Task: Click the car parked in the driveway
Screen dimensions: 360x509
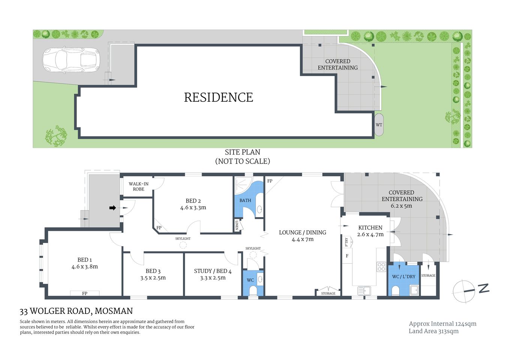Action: coord(71,60)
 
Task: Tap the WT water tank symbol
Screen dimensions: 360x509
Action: coord(379,125)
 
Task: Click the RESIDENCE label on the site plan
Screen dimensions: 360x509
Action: coord(219,97)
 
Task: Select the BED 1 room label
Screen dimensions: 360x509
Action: coord(85,260)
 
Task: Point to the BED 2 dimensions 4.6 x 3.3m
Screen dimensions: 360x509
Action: coord(193,207)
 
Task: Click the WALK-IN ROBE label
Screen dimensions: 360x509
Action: coord(138,186)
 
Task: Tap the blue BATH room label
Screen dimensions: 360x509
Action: coord(245,201)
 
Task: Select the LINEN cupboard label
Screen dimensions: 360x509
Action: coord(237,225)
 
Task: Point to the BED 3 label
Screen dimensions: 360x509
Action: coord(153,271)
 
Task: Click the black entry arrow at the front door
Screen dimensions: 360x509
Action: coord(112,208)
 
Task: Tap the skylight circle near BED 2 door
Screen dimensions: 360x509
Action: coord(183,245)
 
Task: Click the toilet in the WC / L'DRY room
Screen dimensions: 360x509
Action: coord(395,291)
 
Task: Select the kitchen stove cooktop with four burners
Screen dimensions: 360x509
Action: coord(381,267)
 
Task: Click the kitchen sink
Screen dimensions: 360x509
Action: coord(364,290)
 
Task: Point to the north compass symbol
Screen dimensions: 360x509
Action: coord(464,291)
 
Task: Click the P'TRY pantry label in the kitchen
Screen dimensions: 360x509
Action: coord(347,242)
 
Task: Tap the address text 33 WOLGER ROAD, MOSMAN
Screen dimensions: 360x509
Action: coord(76,311)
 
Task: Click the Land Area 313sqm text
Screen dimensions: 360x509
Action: coord(433,331)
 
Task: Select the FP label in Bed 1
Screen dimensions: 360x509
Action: coord(85,293)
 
